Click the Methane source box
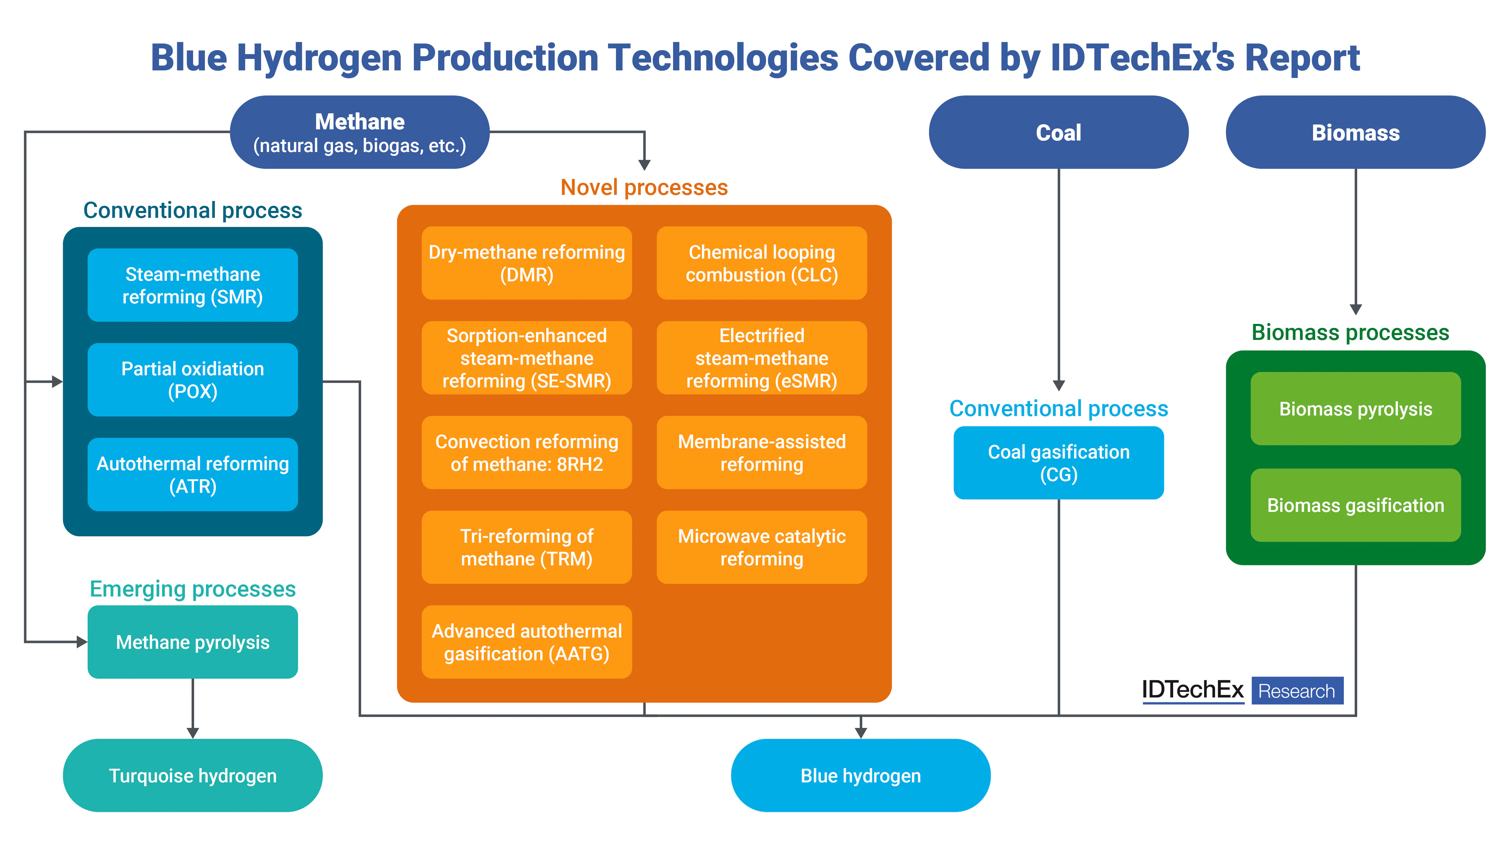point(360,133)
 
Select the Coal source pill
point(1058,133)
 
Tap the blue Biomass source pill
point(1355,133)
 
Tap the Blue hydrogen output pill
point(860,775)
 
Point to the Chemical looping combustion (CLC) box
point(761,263)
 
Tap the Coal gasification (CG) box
point(1058,463)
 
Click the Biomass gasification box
point(1355,505)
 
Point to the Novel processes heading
point(644,187)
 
